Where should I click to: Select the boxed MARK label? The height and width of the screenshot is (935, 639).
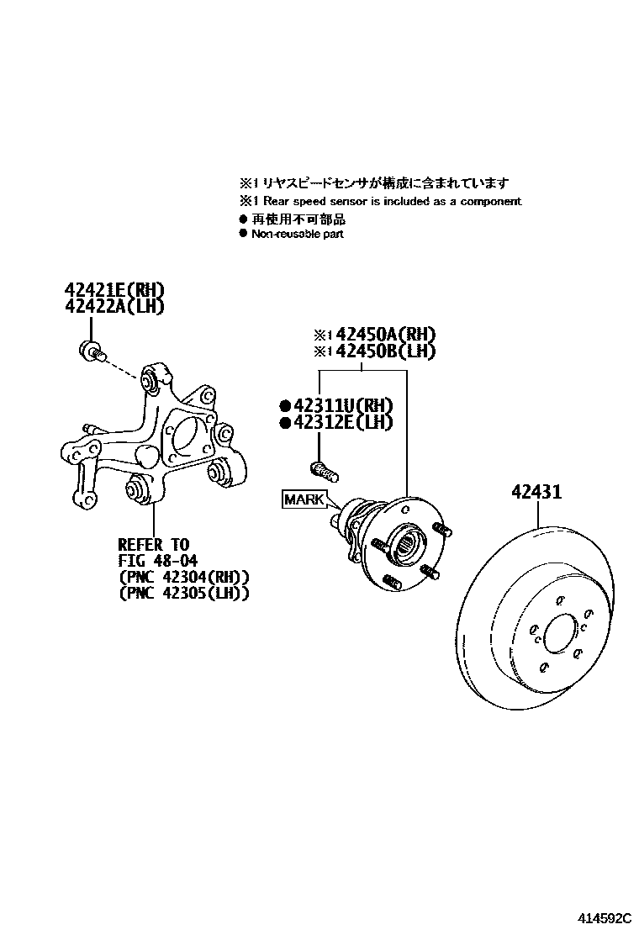tap(304, 499)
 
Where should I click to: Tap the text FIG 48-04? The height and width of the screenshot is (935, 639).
tap(159, 560)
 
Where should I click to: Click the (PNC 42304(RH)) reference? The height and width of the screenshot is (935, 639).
tap(184, 577)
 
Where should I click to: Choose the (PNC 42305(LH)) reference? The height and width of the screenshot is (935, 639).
tap(184, 593)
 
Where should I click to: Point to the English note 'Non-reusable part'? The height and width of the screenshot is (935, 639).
tap(297, 234)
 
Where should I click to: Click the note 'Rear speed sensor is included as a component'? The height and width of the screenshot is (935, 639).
tap(392, 202)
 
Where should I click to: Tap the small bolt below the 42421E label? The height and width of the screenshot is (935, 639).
tap(89, 351)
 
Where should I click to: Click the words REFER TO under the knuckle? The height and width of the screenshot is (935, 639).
tap(154, 544)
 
